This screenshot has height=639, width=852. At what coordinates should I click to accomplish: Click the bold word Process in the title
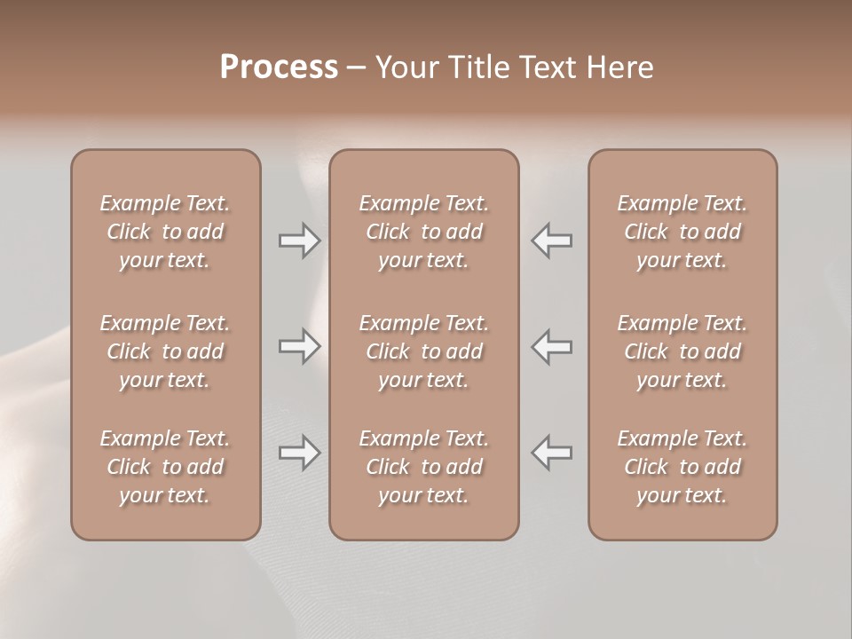pos(279,67)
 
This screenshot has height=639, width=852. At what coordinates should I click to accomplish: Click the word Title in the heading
pos(476,67)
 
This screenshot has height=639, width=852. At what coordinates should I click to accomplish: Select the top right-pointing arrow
pos(299,241)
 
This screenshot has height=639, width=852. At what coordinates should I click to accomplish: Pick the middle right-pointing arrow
pos(299,346)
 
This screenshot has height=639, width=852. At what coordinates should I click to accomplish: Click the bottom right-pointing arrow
pos(299,453)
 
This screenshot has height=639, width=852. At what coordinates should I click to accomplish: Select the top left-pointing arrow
pos(552,241)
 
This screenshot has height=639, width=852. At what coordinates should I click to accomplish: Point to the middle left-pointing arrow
pos(552,346)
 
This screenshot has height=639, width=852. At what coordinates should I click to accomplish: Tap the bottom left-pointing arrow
pos(552,453)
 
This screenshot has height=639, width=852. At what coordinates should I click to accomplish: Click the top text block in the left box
pos(165,232)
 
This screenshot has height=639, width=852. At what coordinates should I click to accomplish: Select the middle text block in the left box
pos(165,351)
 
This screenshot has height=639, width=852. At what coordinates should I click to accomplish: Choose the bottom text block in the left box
pos(165,467)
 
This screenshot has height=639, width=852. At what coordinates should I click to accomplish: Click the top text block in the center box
pos(424,232)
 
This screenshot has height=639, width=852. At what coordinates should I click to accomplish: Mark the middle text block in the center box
pos(424,351)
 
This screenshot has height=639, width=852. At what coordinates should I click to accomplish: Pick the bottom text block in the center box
pos(424,467)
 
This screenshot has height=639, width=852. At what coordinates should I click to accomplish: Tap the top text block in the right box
pos(682,232)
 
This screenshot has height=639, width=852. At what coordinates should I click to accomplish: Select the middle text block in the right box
pos(682,351)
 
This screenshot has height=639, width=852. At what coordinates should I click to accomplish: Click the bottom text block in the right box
pos(682,467)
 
